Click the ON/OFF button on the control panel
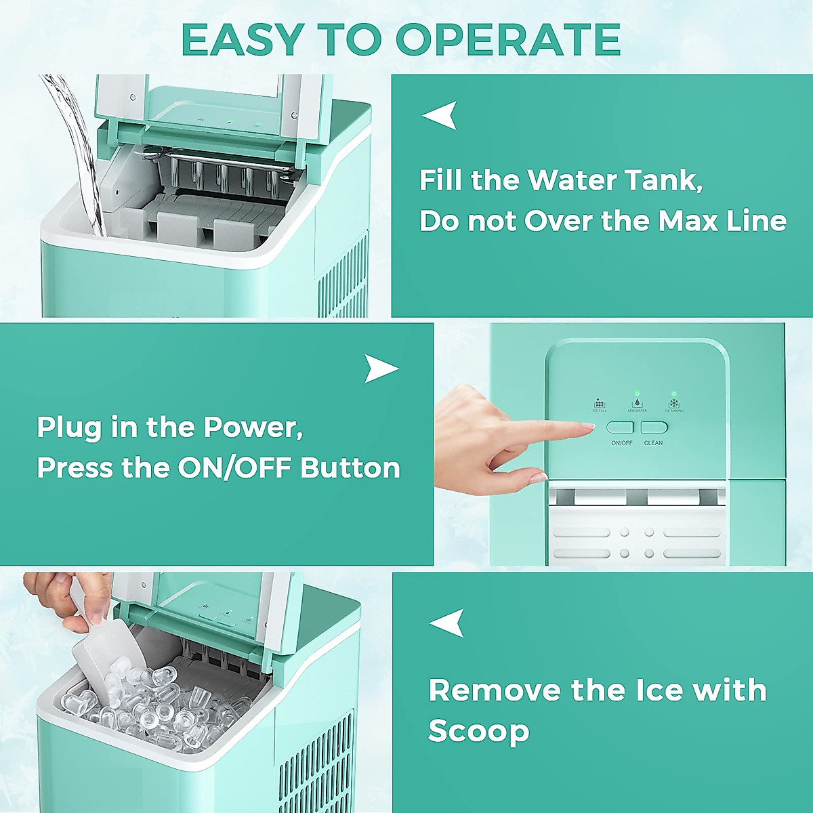click(619, 428)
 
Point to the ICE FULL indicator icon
click(600, 403)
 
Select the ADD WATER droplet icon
click(637, 403)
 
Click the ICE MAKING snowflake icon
click(674, 403)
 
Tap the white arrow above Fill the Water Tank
click(440, 116)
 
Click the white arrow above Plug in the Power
click(381, 369)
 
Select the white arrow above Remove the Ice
click(447, 623)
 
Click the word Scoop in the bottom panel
click(478, 731)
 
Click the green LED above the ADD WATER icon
click(637, 393)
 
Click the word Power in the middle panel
click(253, 428)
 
